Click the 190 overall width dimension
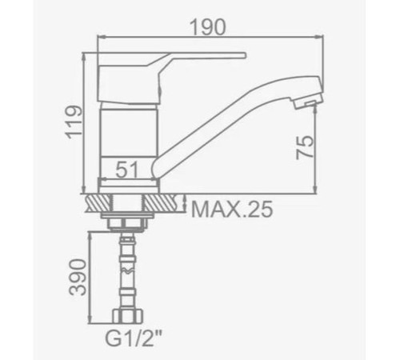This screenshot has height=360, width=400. [207, 27]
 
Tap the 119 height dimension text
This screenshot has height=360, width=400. [74, 122]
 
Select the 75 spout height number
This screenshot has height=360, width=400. [305, 147]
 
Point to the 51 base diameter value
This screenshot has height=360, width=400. [128, 170]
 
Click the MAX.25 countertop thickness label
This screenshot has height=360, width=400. [232, 209]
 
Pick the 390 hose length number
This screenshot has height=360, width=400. [78, 277]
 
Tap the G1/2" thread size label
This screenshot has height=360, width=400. [134, 338]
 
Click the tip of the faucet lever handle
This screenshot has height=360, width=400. [244, 55]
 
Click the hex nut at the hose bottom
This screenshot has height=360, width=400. [127, 316]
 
